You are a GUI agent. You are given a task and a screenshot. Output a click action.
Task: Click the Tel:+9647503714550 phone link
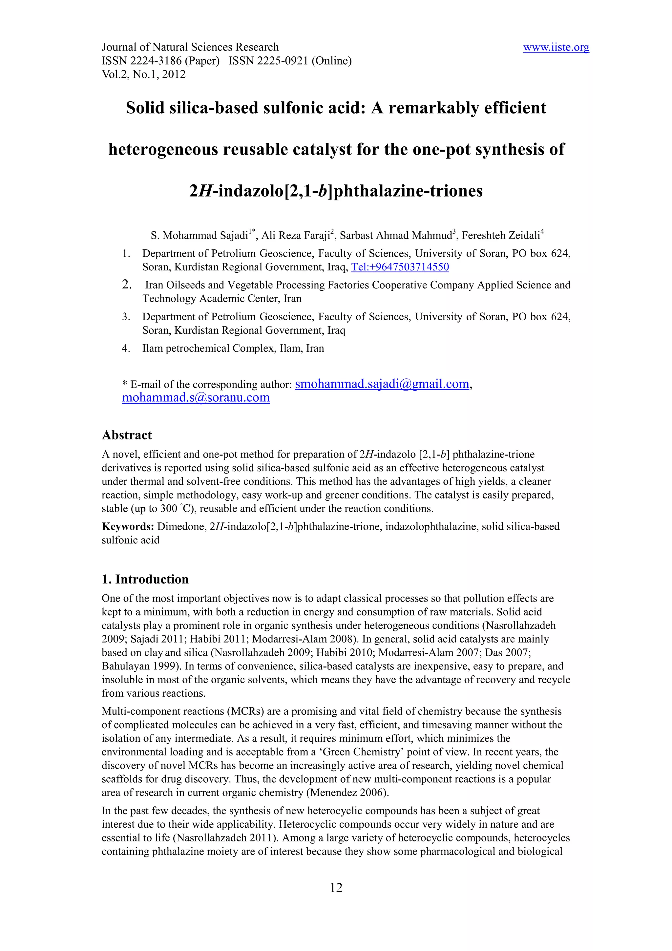click(x=400, y=267)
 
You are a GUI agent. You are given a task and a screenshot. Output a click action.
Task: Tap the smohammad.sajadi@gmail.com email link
click(x=382, y=384)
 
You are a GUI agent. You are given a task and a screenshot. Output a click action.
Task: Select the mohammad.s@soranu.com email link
click(x=196, y=398)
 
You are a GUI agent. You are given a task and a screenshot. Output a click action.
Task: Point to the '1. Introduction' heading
click(x=145, y=579)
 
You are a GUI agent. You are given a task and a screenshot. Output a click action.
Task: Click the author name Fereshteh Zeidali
click(x=500, y=236)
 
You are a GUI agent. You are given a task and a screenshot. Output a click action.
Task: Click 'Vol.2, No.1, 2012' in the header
click(x=143, y=74)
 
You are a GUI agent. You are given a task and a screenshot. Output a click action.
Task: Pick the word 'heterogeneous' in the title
click(x=163, y=150)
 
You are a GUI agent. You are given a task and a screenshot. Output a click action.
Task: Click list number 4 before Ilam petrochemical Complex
click(x=126, y=349)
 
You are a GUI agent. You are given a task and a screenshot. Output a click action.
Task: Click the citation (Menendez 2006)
click(x=347, y=792)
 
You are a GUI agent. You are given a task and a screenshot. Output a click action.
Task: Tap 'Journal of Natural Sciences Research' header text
click(x=190, y=47)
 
